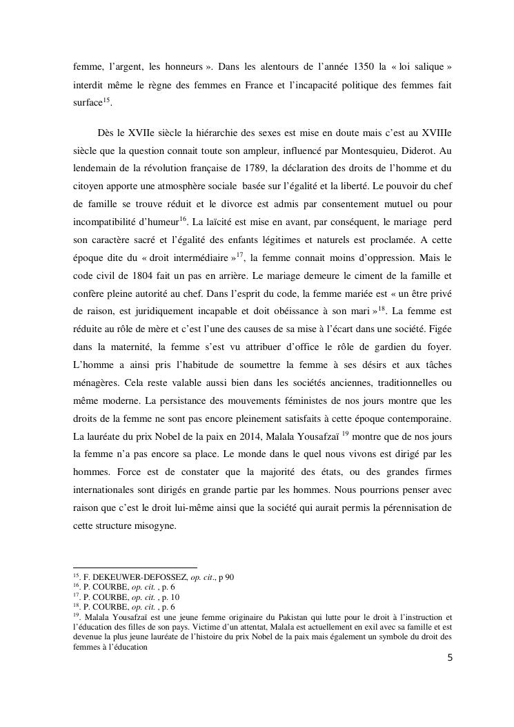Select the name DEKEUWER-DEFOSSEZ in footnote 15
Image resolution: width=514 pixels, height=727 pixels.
click(x=135, y=577)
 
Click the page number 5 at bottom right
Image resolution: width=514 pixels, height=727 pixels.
click(x=450, y=658)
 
